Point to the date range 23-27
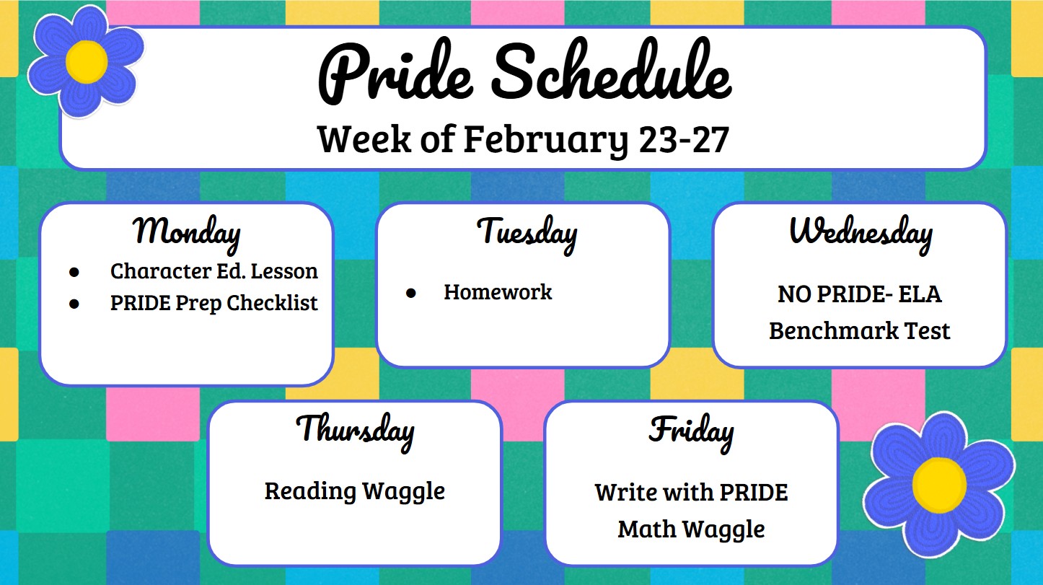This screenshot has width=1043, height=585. click(684, 140)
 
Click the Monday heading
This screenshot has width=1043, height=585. click(187, 233)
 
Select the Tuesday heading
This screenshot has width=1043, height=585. click(527, 233)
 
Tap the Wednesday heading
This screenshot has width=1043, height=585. click(861, 233)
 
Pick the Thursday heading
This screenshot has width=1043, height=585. click(356, 431)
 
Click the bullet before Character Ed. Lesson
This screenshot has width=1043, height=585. click(74, 273)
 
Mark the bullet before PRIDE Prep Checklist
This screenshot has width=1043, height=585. click(74, 304)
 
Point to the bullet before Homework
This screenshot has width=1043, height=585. click(410, 293)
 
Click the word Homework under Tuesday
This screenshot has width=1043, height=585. click(498, 292)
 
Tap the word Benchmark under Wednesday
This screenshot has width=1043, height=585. click(833, 330)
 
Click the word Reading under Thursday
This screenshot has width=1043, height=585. click(310, 492)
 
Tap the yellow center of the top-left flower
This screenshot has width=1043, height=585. click(87, 62)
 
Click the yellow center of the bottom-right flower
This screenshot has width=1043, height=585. click(939, 485)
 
